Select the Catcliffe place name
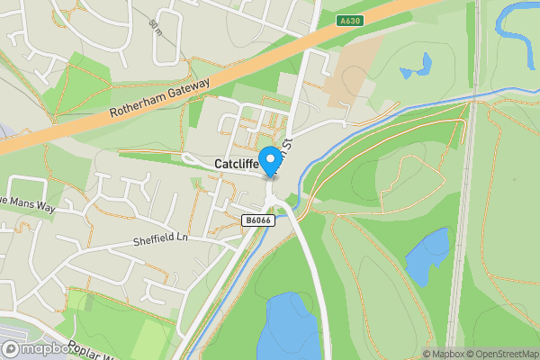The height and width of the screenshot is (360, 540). [x=237, y=164]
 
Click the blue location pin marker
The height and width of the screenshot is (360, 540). [x=269, y=161]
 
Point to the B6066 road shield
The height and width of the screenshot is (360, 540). [x=256, y=220]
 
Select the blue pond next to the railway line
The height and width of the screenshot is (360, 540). [x=427, y=256]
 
